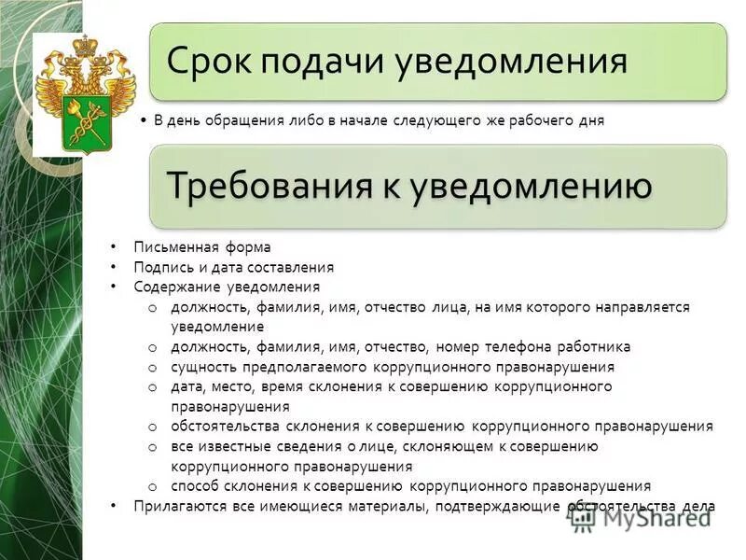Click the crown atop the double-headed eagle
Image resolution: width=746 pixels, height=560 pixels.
coord(86,44)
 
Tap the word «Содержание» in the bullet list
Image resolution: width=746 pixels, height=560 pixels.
coord(173,287)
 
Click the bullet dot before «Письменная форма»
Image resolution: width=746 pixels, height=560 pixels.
coord(113,247)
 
